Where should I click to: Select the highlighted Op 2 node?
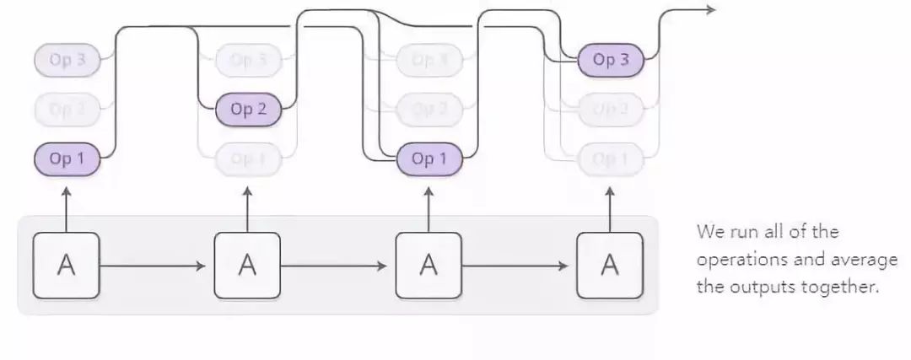click(248, 110)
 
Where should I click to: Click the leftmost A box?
click(66, 265)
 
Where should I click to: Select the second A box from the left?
click(247, 265)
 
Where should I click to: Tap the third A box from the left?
click(429, 265)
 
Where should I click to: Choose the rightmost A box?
click(610, 265)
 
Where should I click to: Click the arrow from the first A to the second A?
click(152, 266)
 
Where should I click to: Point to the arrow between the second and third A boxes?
click(333, 266)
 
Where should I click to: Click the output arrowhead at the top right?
click(710, 9)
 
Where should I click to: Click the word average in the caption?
click(865, 259)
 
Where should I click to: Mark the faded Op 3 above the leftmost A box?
click(67, 60)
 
